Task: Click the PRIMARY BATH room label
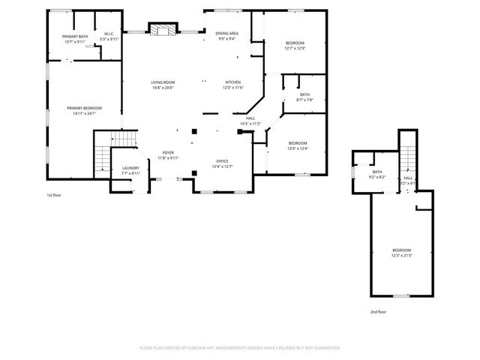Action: (x=75, y=37)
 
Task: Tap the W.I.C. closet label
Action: (x=109, y=33)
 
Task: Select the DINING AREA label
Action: (x=226, y=34)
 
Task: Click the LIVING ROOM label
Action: (x=163, y=82)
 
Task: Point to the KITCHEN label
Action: (x=233, y=82)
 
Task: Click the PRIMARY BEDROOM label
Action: (x=84, y=108)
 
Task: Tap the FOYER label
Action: (x=168, y=153)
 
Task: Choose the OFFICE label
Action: (x=222, y=161)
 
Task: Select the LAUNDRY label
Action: (x=130, y=168)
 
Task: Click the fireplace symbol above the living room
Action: (x=161, y=30)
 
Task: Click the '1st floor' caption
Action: (x=54, y=195)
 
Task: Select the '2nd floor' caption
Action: (x=378, y=311)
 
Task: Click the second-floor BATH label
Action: (x=377, y=172)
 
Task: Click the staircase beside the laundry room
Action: (x=103, y=154)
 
